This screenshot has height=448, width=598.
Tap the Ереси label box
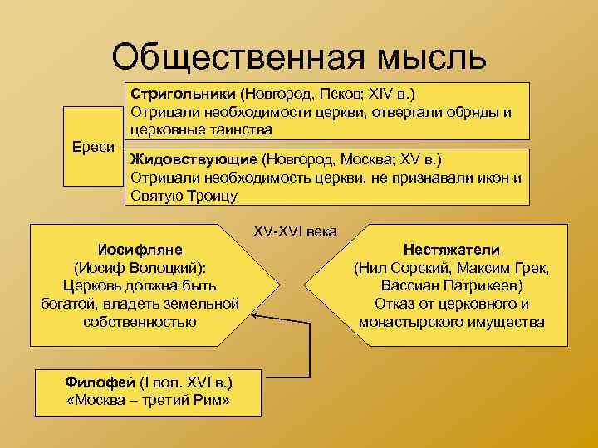92,147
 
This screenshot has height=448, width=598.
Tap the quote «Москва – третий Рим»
147,401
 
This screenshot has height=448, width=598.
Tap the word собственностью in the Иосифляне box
140,321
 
